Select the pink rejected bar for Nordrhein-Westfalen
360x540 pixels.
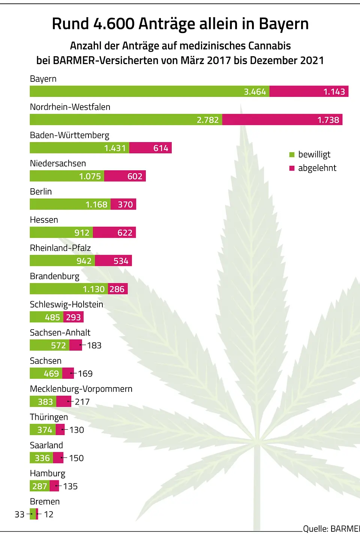click(x=282, y=120)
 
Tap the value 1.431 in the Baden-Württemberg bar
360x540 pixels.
click(x=115, y=148)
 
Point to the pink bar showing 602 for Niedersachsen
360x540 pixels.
click(x=125, y=176)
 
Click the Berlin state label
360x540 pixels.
click(x=41, y=192)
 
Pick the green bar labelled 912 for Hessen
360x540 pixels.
click(x=61, y=232)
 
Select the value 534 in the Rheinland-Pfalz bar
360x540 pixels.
click(x=121, y=261)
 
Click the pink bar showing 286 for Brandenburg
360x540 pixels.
click(x=118, y=289)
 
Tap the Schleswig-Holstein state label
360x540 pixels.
click(x=66, y=304)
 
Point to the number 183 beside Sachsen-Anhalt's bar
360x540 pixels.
click(x=94, y=345)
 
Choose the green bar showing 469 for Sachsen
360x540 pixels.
click(x=46, y=373)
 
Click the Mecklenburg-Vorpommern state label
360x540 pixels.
click(x=81, y=389)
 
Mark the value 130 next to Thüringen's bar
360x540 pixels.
click(x=76, y=430)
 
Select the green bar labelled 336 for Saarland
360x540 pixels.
click(x=41, y=458)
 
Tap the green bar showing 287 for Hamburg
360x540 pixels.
click(x=40, y=486)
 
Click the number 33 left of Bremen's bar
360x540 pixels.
click(x=19, y=514)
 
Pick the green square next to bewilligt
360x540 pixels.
click(x=292, y=154)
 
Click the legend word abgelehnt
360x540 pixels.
click(x=317, y=168)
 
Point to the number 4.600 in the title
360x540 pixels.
click(x=114, y=24)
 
